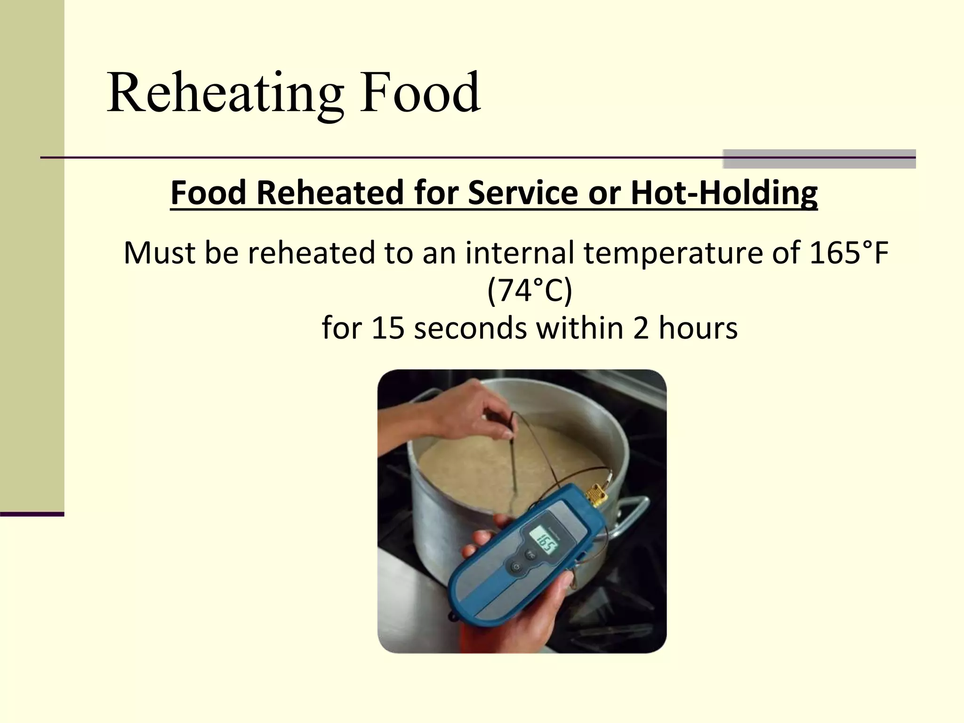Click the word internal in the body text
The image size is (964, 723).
coord(520,253)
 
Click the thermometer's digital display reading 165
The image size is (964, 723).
coord(546,545)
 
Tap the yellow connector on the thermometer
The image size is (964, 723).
coord(595,495)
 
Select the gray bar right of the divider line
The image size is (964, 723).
coord(819,159)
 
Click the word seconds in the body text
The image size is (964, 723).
coord(470,328)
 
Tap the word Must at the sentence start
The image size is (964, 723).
coord(159,253)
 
